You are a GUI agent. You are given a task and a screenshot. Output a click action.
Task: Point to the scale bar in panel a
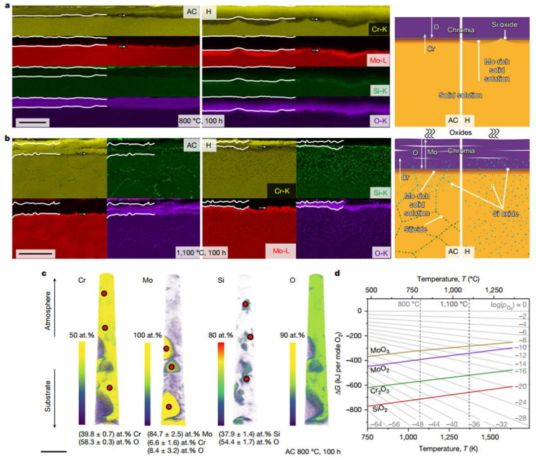tap(33, 121)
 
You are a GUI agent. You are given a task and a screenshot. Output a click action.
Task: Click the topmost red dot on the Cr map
tap(104, 293)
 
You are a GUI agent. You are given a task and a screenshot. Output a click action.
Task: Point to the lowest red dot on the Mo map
tap(169, 407)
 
